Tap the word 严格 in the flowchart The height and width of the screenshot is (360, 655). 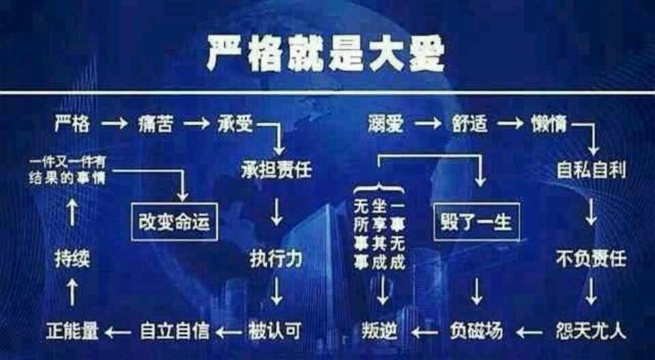[72, 124]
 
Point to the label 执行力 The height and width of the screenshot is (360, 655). [276, 259]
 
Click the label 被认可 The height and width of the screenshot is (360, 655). [274, 331]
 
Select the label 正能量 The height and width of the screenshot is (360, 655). [72, 331]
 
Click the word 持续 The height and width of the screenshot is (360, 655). [72, 259]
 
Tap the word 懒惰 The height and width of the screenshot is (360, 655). [550, 124]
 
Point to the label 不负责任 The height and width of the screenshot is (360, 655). [591, 259]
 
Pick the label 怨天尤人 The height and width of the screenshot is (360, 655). [591, 331]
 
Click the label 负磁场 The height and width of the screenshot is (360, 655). [476, 331]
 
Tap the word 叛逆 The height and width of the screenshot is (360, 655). [379, 331]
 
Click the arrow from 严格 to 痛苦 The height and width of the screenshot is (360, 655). [113, 124]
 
